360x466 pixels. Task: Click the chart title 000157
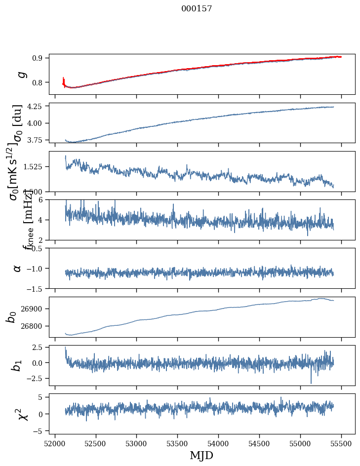[197, 9]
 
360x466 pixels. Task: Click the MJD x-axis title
[201, 455]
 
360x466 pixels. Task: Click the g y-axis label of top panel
[21, 74]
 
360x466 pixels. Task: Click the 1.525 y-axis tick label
[37, 167]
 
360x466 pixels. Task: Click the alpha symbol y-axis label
[17, 268]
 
